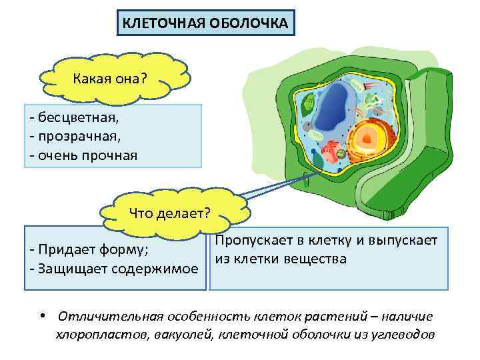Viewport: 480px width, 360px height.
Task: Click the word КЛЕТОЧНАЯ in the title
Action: pyautogui.click(x=154, y=24)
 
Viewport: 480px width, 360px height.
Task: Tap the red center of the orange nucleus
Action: pyautogui.click(x=367, y=137)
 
